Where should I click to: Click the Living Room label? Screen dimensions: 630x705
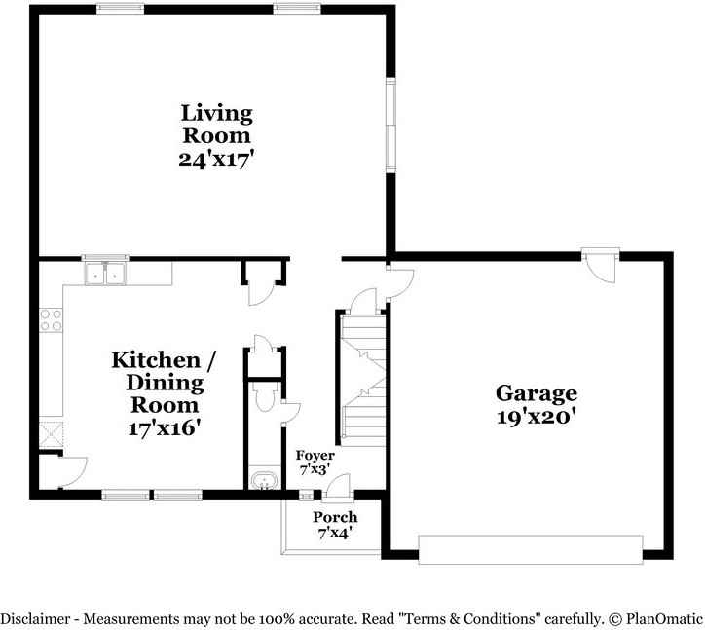(216, 125)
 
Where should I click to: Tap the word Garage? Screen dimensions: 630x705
(537, 393)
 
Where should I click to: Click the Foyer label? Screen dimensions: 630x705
(315, 456)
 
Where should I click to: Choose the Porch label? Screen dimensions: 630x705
(335, 517)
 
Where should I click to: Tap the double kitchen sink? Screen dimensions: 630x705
(106, 274)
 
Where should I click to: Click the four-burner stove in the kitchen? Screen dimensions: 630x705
(51, 319)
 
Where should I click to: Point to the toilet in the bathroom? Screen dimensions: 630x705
(262, 396)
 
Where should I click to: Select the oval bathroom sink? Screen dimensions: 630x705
(262, 480)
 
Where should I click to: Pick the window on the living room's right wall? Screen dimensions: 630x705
(390, 126)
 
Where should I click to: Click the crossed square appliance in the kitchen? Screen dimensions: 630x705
(50, 431)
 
